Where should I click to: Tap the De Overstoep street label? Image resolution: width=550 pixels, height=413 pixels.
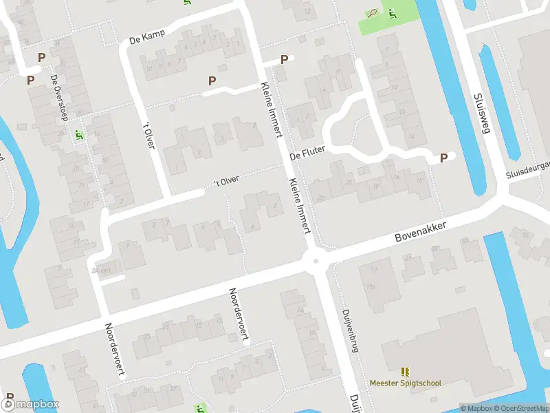coord(58,97)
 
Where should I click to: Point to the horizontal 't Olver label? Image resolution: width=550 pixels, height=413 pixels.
coord(226,180)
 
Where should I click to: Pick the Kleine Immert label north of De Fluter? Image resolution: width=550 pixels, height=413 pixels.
coord(272,107)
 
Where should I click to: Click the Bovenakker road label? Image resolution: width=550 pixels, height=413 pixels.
coord(421,231)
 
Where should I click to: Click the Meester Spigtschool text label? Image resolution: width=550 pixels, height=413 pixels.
coord(405,383)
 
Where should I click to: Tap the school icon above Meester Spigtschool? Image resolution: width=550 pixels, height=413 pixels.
coord(405,371)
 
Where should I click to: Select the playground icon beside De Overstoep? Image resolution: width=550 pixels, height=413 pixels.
coord(79,135)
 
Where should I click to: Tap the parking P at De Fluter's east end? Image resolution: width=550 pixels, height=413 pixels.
coord(443,158)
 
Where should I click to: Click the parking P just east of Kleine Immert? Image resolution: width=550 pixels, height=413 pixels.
coord(283,61)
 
